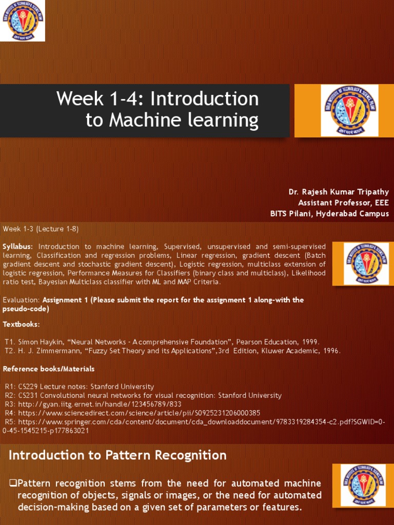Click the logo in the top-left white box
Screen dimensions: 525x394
click(22, 21)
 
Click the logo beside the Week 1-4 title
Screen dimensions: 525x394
click(349, 110)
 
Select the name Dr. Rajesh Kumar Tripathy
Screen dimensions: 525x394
click(339, 192)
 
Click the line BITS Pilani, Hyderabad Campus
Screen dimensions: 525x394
click(329, 214)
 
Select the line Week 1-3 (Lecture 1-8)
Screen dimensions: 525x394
click(41, 228)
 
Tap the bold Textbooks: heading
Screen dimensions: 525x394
click(22, 325)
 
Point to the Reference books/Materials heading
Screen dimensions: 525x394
click(49, 369)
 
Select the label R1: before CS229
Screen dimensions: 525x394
click(11, 387)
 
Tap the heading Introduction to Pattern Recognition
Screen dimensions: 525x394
click(117, 455)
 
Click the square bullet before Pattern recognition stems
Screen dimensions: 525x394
click(14, 483)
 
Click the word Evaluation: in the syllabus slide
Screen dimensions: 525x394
click(21, 300)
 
